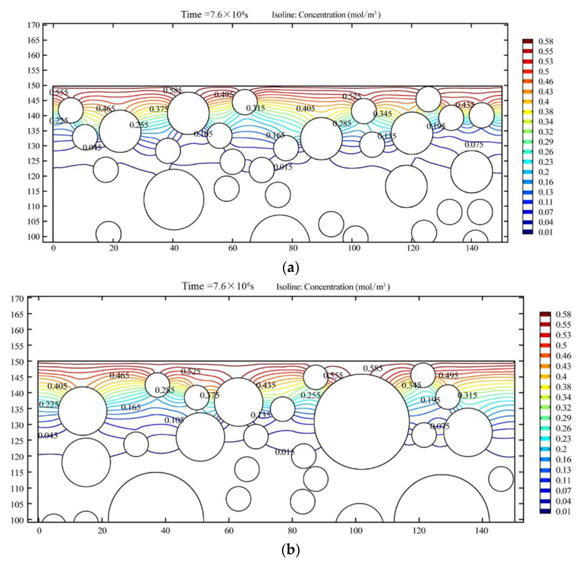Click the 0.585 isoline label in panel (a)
[172, 90]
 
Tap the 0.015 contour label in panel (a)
[283, 167]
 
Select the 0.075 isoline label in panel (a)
[474, 145]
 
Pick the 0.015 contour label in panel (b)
[285, 452]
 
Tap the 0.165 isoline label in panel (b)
[131, 407]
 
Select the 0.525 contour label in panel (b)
[191, 371]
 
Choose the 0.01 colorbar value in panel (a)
[546, 232]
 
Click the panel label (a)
[290, 268]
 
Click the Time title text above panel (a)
[215, 14]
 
